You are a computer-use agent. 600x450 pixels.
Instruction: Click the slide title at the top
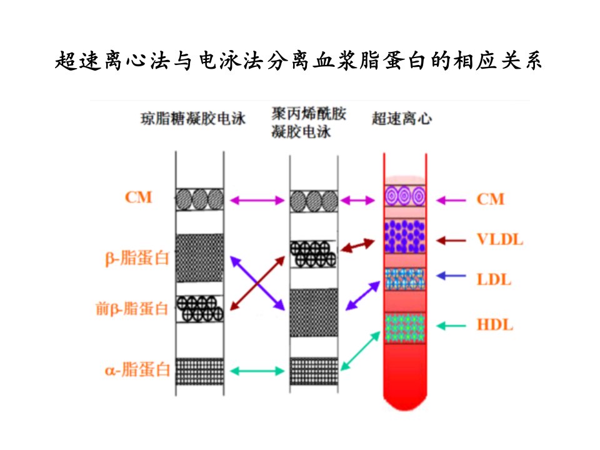(299, 61)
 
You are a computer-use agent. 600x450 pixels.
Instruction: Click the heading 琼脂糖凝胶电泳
(193, 119)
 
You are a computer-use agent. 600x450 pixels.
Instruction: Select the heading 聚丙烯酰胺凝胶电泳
(309, 122)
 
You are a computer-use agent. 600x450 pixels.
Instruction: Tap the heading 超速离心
(402, 119)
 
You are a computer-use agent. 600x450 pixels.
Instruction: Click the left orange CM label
(139, 197)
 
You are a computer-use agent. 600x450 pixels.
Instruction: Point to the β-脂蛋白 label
(137, 258)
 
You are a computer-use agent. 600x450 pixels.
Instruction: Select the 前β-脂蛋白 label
(132, 308)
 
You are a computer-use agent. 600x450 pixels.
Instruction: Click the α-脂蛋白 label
(137, 370)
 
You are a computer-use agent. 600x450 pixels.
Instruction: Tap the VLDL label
(500, 240)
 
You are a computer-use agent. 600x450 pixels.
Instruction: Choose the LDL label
(494, 280)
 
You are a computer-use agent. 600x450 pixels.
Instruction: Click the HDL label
(495, 325)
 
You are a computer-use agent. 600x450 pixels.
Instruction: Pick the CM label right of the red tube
(490, 199)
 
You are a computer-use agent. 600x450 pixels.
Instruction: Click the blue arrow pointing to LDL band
(451, 276)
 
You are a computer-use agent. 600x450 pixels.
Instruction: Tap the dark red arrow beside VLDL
(451, 241)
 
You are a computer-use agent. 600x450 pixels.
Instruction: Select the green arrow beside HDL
(451, 326)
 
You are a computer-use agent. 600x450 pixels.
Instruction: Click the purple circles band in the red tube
(405, 196)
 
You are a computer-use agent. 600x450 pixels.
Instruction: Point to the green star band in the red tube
(405, 327)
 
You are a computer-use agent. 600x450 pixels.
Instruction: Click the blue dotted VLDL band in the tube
(405, 236)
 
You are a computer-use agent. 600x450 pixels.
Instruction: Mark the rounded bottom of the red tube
(405, 402)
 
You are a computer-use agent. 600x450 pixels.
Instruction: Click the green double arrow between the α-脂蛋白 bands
(257, 371)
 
